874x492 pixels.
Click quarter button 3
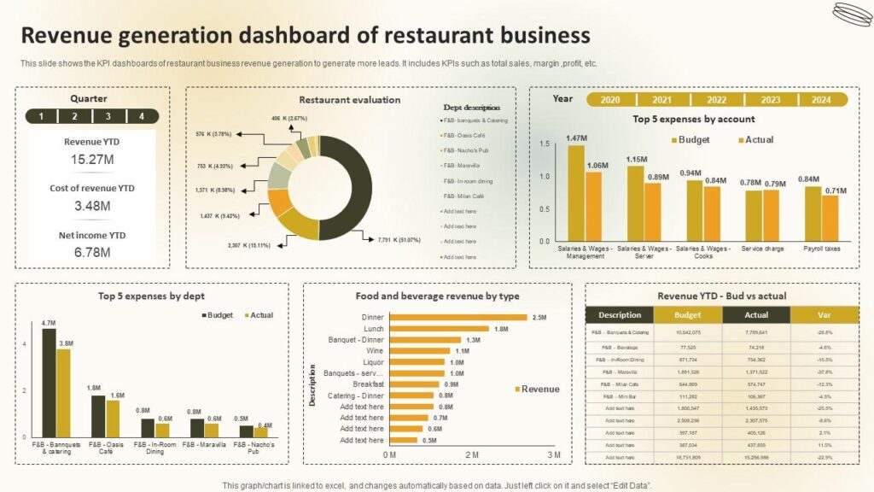108,116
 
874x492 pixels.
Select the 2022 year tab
717,100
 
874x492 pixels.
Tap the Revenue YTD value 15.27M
90,160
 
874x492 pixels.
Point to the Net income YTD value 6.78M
90,252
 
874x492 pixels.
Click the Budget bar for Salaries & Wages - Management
576,193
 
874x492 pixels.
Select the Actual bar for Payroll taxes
830,220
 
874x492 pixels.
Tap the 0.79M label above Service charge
775,184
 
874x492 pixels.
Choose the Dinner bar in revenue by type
457,318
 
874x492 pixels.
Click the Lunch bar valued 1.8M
439,329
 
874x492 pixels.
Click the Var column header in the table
824,314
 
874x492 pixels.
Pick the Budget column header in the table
687,314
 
